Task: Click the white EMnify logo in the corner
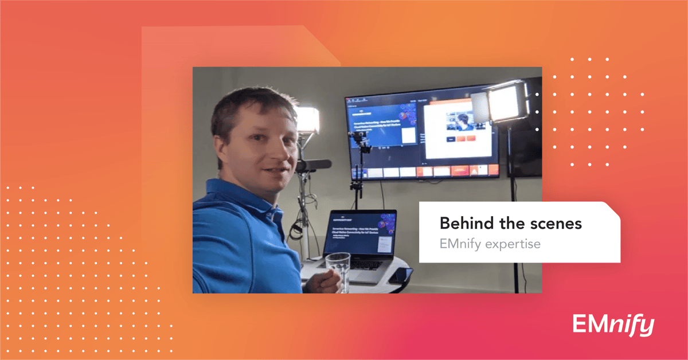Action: [613, 325]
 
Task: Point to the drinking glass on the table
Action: [338, 270]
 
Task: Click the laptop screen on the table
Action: [359, 233]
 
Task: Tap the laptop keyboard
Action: [367, 265]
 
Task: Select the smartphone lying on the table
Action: [401, 275]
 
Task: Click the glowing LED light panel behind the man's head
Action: [308, 120]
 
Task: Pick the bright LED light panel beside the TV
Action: [507, 103]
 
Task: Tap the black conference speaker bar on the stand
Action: [313, 166]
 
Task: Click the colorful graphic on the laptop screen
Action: [387, 222]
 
